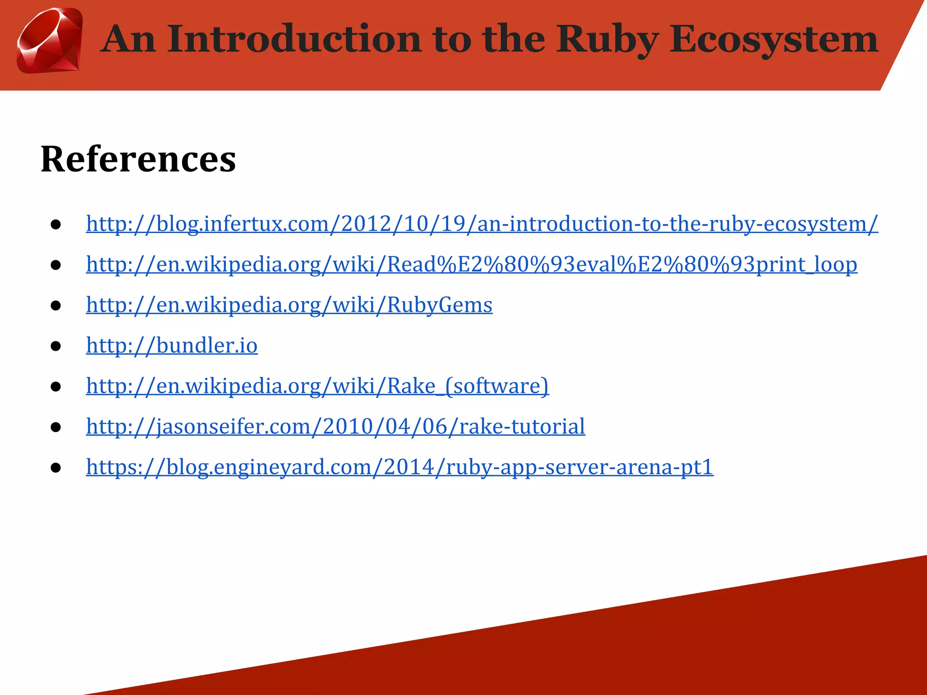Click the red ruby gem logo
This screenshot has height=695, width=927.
pyautogui.click(x=49, y=41)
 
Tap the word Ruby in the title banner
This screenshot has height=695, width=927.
pyautogui.click(x=607, y=40)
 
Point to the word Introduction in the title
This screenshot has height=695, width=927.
pyautogui.click(x=296, y=39)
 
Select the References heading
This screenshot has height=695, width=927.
pyautogui.click(x=138, y=159)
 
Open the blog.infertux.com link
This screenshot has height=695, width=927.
pyautogui.click(x=482, y=224)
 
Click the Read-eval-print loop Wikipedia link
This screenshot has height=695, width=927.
pyautogui.click(x=471, y=265)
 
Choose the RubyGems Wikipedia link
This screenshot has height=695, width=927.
pyautogui.click(x=289, y=305)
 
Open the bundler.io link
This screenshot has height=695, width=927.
pyautogui.click(x=172, y=346)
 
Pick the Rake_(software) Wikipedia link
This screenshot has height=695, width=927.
pyautogui.click(x=317, y=386)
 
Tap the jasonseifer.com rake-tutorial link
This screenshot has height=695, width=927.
pyautogui.click(x=335, y=427)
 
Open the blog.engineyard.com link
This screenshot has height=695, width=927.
pyautogui.click(x=400, y=467)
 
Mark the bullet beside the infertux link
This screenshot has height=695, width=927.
pyautogui.click(x=56, y=225)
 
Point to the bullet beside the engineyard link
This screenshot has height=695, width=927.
pyautogui.click(x=56, y=468)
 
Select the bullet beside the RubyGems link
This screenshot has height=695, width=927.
pyautogui.click(x=56, y=306)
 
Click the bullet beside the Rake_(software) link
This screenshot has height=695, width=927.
pyautogui.click(x=56, y=387)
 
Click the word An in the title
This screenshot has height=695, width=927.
pyautogui.click(x=128, y=39)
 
